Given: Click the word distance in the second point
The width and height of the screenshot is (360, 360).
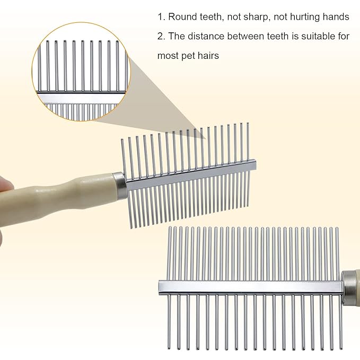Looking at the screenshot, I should click(204, 36).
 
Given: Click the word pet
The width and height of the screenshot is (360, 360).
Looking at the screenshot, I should click(190, 56).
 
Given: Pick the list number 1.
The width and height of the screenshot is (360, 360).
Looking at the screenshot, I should click(160, 17).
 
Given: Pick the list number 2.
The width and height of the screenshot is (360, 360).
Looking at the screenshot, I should click(161, 36).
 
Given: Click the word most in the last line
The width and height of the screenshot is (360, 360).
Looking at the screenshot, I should click(168, 56).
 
